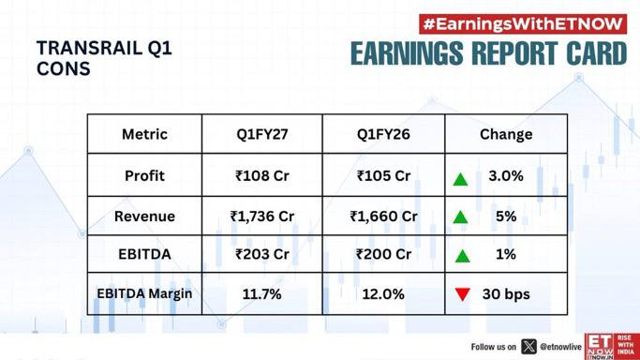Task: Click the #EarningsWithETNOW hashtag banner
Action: (x=523, y=24)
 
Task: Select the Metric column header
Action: (x=144, y=134)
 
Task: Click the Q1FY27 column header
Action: (x=262, y=134)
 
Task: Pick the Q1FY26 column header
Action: (x=383, y=134)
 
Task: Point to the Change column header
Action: (x=506, y=134)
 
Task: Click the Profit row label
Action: (x=144, y=176)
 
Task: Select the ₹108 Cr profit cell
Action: (x=262, y=176)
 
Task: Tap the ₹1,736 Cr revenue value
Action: (x=262, y=217)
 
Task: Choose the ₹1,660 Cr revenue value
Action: (x=383, y=217)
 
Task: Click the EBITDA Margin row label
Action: (x=144, y=293)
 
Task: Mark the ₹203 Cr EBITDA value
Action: (x=262, y=254)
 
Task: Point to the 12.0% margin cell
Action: (x=383, y=294)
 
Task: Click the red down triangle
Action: (x=463, y=293)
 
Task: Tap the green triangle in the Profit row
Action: (x=460, y=180)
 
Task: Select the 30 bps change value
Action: (x=506, y=294)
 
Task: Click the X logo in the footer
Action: (x=529, y=347)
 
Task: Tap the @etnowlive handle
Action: (x=560, y=347)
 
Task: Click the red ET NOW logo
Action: (x=612, y=347)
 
